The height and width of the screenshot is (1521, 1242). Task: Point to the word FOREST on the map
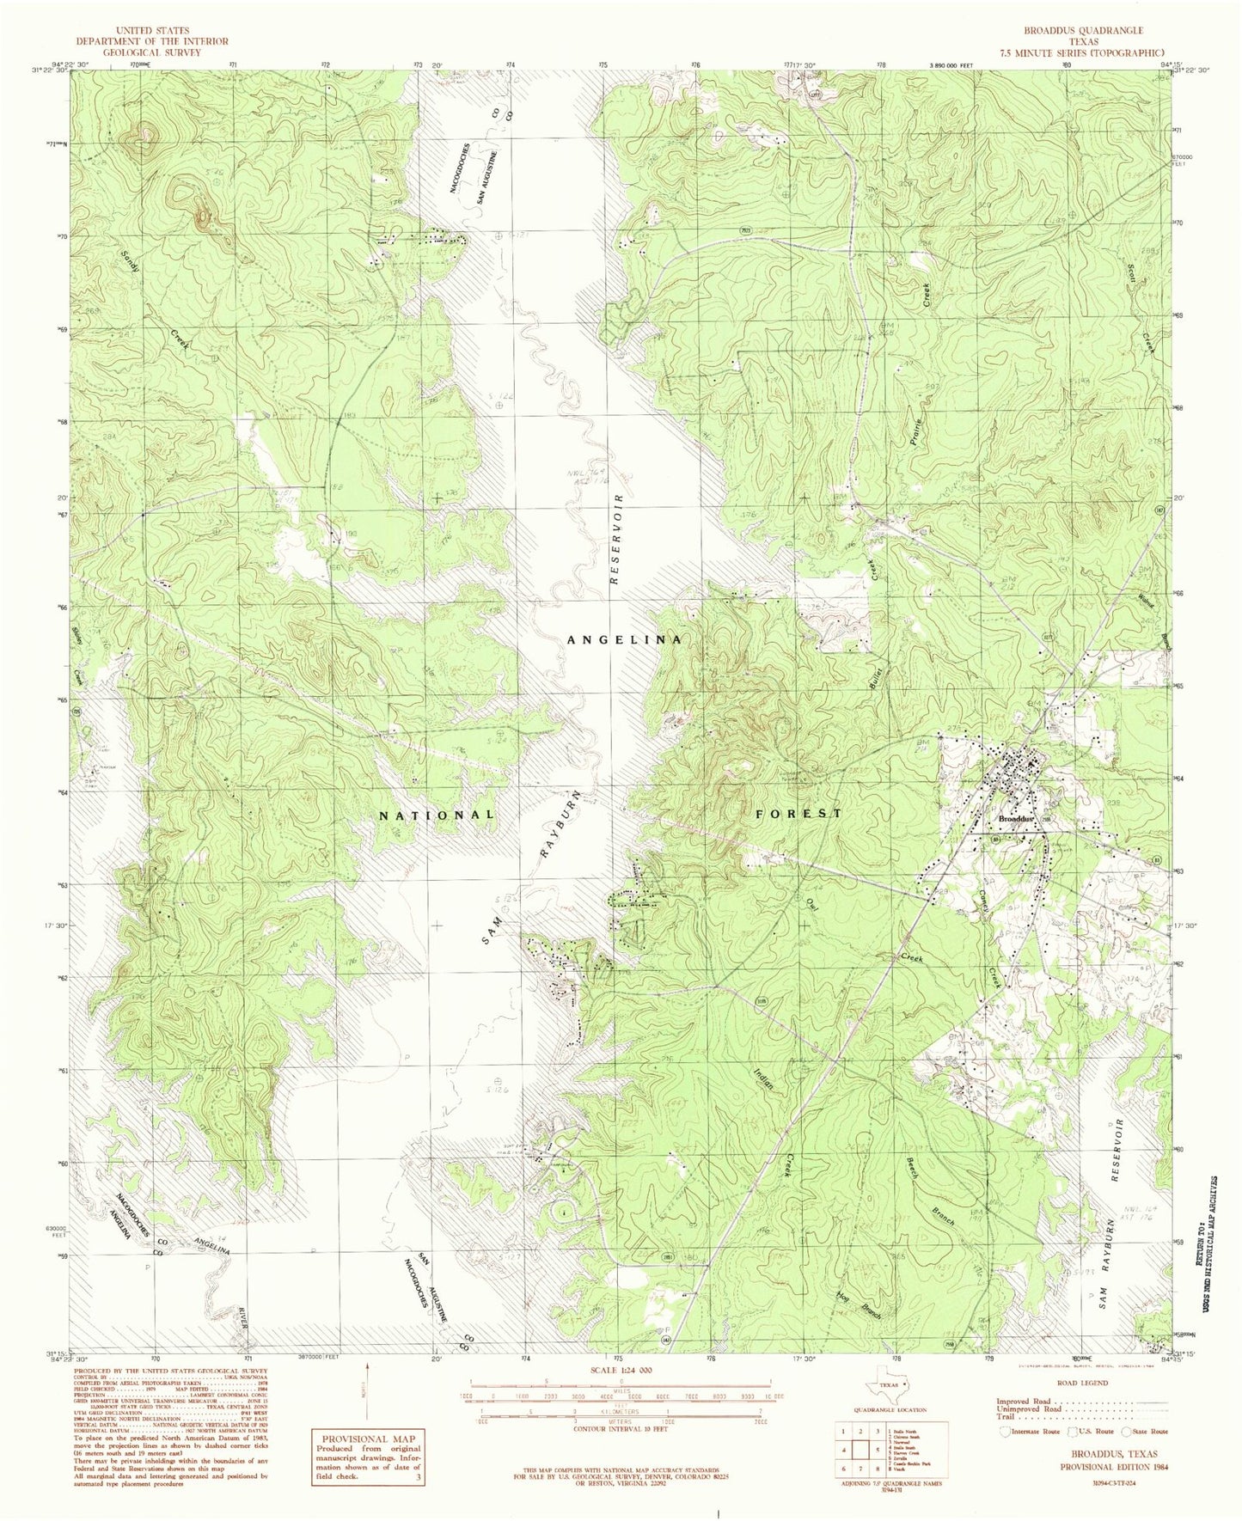798,813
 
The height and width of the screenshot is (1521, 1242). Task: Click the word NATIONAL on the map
437,814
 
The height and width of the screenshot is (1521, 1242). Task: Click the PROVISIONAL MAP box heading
368,1439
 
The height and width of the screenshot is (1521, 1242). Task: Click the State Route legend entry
1146,1432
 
